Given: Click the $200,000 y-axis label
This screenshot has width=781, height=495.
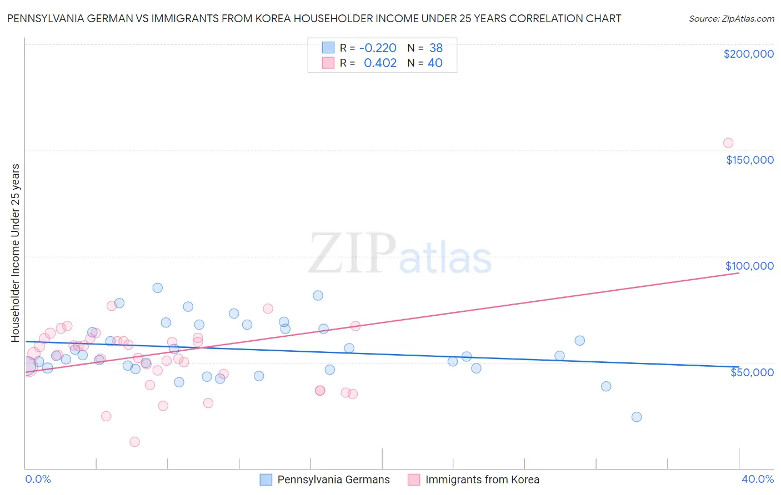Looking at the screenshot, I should click(748, 54).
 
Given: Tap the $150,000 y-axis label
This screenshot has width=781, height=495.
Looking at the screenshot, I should click(749, 160).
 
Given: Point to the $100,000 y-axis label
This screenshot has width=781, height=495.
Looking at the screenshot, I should click(749, 266).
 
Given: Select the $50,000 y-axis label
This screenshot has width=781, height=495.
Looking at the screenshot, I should click(752, 372).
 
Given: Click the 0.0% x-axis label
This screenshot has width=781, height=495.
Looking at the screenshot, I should click(38, 479).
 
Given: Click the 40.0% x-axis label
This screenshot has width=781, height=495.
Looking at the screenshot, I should click(757, 479).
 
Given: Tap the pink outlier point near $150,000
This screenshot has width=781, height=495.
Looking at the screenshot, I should click(728, 143).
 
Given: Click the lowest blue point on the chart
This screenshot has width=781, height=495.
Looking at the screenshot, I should click(637, 417).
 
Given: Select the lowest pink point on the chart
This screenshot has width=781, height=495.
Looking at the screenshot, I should click(134, 442).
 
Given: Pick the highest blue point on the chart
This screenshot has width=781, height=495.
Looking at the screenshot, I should click(158, 287).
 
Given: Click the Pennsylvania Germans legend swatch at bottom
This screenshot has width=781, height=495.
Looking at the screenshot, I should click(266, 479).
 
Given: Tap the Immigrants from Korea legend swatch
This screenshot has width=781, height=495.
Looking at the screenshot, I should click(414, 479).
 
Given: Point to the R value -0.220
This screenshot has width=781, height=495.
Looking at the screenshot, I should click(378, 48).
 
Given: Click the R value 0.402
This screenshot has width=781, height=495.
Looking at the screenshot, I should click(380, 63).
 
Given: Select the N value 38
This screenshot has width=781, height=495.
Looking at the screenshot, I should click(436, 48).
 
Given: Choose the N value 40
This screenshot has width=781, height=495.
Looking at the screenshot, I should click(435, 63).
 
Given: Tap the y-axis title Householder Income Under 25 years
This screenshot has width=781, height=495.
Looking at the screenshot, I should click(15, 252).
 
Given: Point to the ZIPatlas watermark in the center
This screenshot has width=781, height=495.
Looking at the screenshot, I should click(400, 254).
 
